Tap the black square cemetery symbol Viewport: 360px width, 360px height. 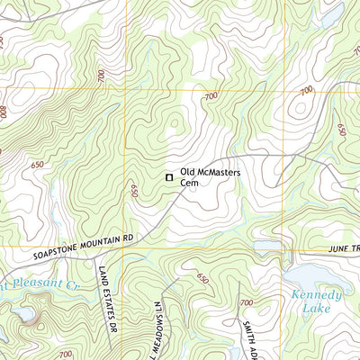167,178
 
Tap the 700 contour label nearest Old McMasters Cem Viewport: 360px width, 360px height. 211,96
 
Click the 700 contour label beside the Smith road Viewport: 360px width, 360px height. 247,303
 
